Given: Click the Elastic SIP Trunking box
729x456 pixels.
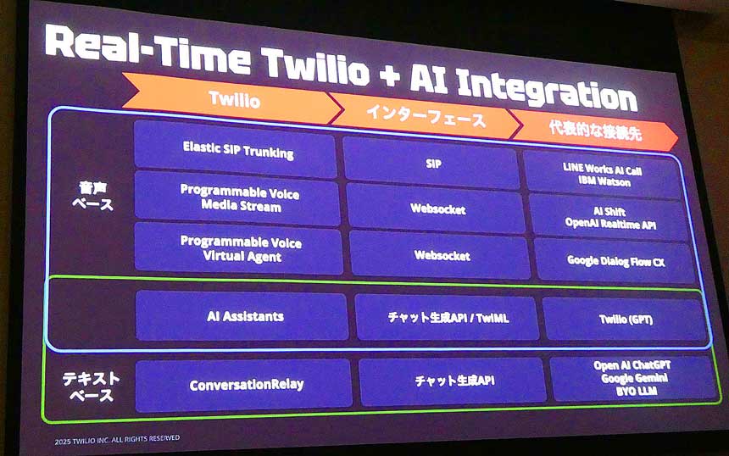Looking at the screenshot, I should [x=237, y=151].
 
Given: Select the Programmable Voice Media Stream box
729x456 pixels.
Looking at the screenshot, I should [x=239, y=198].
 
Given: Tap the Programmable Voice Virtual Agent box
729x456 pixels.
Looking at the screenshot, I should [x=240, y=249].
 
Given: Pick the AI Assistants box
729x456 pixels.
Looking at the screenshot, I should [x=244, y=316].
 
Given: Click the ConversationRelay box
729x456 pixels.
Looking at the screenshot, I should [x=246, y=384].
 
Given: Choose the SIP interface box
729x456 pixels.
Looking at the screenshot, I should [x=433, y=162].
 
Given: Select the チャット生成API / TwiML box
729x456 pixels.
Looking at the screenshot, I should [x=448, y=319].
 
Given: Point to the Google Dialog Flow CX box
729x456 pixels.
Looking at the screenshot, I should [x=615, y=261].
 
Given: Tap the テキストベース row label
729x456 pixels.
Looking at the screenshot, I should [x=92, y=386].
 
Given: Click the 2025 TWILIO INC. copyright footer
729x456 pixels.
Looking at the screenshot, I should [x=117, y=438].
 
